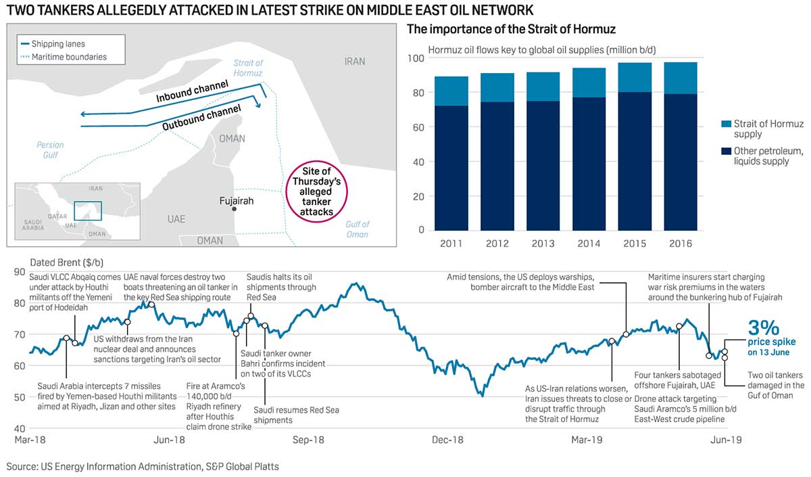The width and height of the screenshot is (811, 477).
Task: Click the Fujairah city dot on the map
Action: click(x=234, y=210)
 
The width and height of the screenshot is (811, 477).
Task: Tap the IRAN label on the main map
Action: click(x=354, y=62)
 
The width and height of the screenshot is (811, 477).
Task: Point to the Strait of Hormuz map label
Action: click(x=247, y=68)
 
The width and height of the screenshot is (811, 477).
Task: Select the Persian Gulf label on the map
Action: click(x=50, y=150)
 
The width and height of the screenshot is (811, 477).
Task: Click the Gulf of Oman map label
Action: click(x=357, y=229)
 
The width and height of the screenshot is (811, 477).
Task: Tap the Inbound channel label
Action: click(x=192, y=91)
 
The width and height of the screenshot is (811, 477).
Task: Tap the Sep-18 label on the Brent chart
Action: click(x=308, y=440)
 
